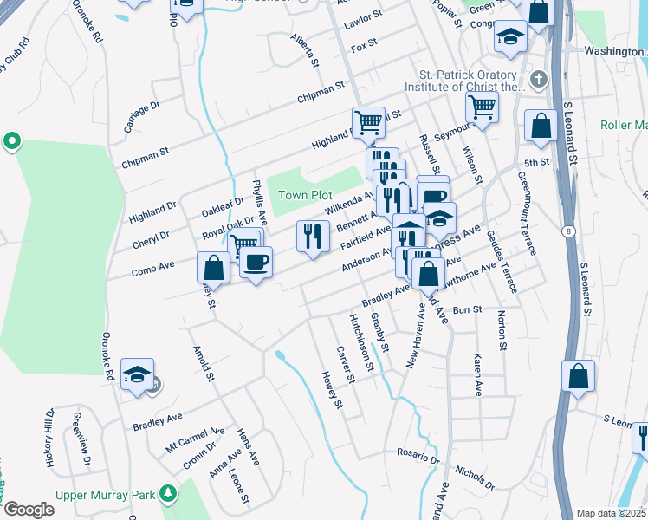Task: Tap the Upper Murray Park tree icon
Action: tap(166, 495)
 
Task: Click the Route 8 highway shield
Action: tap(567, 230)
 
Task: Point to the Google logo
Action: tap(28, 510)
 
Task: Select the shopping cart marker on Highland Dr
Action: tap(368, 122)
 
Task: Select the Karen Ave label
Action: tap(476, 374)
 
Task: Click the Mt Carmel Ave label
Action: tap(196, 439)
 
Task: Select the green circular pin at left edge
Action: tap(11, 140)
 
